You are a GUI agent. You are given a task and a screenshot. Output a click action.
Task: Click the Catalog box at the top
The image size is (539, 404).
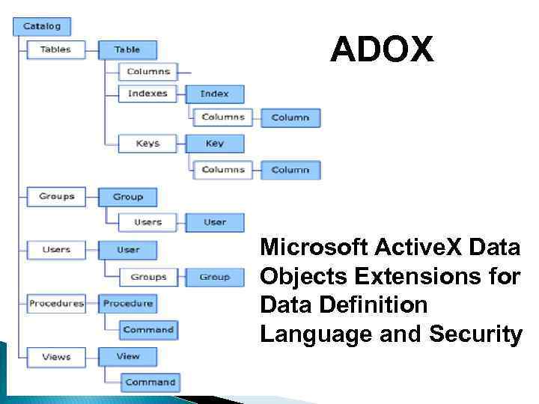click(x=41, y=26)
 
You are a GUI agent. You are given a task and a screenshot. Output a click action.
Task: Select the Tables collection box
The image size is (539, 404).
click(x=55, y=49)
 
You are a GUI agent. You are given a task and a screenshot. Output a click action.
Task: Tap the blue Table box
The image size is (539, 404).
click(x=127, y=49)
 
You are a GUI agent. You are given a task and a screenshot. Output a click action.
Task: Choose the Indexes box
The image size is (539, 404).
click(x=147, y=94)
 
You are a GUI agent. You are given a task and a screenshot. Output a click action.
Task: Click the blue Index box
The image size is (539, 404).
click(x=214, y=94)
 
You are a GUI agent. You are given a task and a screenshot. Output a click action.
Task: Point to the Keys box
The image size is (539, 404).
click(x=147, y=143)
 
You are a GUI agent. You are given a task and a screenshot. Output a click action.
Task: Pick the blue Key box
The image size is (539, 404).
click(x=214, y=143)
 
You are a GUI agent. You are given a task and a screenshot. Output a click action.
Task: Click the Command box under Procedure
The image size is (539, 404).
click(x=148, y=329)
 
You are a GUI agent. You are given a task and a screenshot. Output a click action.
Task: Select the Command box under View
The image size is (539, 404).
click(x=150, y=382)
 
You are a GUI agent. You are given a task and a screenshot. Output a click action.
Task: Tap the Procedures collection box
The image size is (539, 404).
click(x=55, y=303)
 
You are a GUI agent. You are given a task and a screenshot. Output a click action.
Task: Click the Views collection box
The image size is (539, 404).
click(x=55, y=356)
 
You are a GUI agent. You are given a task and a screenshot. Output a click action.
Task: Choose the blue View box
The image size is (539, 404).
click(x=128, y=356)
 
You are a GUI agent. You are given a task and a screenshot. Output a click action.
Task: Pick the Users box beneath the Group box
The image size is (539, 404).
click(x=147, y=222)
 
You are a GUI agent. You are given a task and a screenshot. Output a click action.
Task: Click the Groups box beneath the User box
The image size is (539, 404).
click(x=148, y=277)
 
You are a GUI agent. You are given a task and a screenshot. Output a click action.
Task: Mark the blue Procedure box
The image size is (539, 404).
click(x=128, y=303)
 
